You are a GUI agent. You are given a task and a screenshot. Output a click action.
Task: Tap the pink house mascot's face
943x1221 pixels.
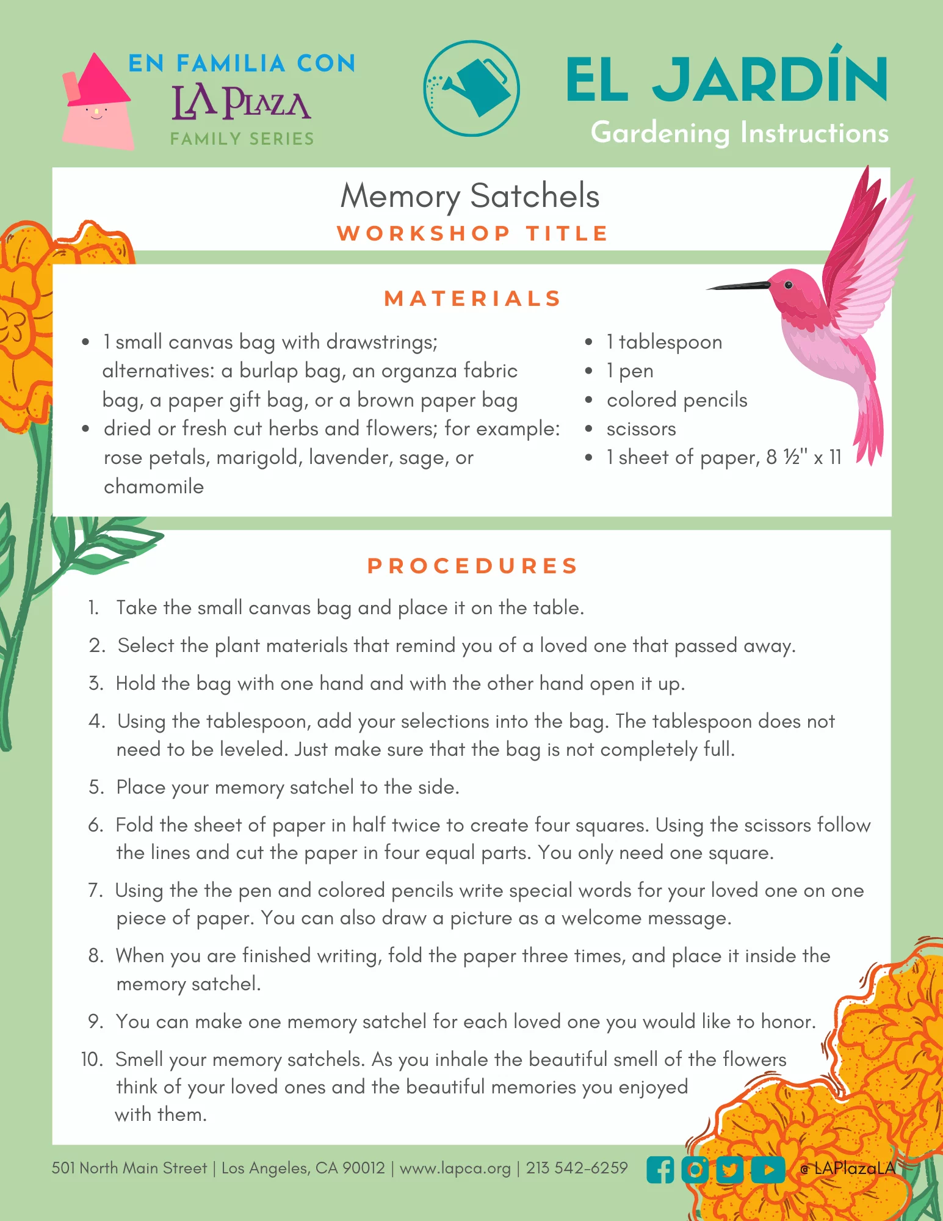pyautogui.click(x=96, y=113)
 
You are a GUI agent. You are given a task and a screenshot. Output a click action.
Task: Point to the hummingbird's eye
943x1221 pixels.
pyautogui.click(x=788, y=284)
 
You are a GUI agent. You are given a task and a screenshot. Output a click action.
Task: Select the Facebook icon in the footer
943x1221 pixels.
pyautogui.click(x=660, y=1170)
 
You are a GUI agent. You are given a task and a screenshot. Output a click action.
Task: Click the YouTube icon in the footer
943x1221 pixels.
pyautogui.click(x=768, y=1170)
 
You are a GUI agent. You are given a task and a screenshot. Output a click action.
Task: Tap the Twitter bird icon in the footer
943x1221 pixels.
pyautogui.click(x=730, y=1170)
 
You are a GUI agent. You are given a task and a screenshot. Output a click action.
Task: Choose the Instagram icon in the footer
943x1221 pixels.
pyautogui.click(x=695, y=1170)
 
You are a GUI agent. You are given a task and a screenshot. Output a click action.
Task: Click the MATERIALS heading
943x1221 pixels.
pyautogui.click(x=472, y=299)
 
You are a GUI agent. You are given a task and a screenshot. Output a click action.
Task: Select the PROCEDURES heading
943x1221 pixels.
pyautogui.click(x=472, y=566)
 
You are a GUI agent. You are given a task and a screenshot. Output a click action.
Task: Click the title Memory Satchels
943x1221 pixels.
pyautogui.click(x=470, y=196)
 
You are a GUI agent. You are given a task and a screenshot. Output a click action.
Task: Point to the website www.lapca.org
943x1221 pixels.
pyautogui.click(x=455, y=1168)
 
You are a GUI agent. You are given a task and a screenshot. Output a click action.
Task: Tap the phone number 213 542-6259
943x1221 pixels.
pyautogui.click(x=577, y=1168)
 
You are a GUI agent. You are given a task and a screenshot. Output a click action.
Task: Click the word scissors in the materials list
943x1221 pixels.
pyautogui.click(x=641, y=429)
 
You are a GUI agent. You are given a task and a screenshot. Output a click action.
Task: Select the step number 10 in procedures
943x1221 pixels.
pyautogui.click(x=93, y=1059)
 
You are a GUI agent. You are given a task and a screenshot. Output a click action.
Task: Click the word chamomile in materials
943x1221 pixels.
pyautogui.click(x=154, y=487)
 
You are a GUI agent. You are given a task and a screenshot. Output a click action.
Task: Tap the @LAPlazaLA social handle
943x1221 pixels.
pyautogui.click(x=848, y=1168)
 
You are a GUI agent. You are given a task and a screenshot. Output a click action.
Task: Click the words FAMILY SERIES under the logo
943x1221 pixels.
pyautogui.click(x=242, y=139)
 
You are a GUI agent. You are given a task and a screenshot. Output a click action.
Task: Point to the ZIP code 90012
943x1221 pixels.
pyautogui.click(x=364, y=1168)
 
